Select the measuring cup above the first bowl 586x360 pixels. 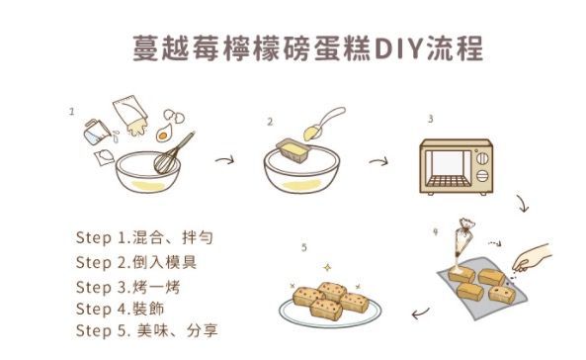click(95, 129)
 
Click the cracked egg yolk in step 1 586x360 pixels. click(163, 132)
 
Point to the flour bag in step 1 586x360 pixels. click(127, 110)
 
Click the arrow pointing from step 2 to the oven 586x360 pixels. click(377, 161)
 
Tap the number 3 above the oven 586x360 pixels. click(430, 119)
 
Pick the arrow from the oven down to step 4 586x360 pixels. click(524, 206)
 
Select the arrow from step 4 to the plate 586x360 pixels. click(420, 315)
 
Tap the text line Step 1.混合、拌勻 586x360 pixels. click(144, 238)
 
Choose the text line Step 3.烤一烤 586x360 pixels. click(127, 286)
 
